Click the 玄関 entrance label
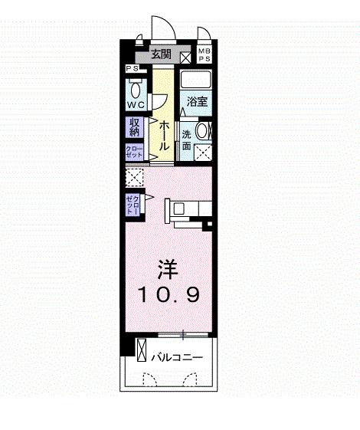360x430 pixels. coord(160,54)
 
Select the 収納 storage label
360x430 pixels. coord(135,127)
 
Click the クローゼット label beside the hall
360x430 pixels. coord(134,151)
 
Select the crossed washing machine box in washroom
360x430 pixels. coord(202,151)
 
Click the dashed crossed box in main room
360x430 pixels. coord(134,178)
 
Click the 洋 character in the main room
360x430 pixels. coord(169,269)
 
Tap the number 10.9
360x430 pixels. coord(169,294)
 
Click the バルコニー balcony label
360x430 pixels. coord(176,356)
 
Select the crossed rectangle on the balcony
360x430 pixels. coord(141,350)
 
